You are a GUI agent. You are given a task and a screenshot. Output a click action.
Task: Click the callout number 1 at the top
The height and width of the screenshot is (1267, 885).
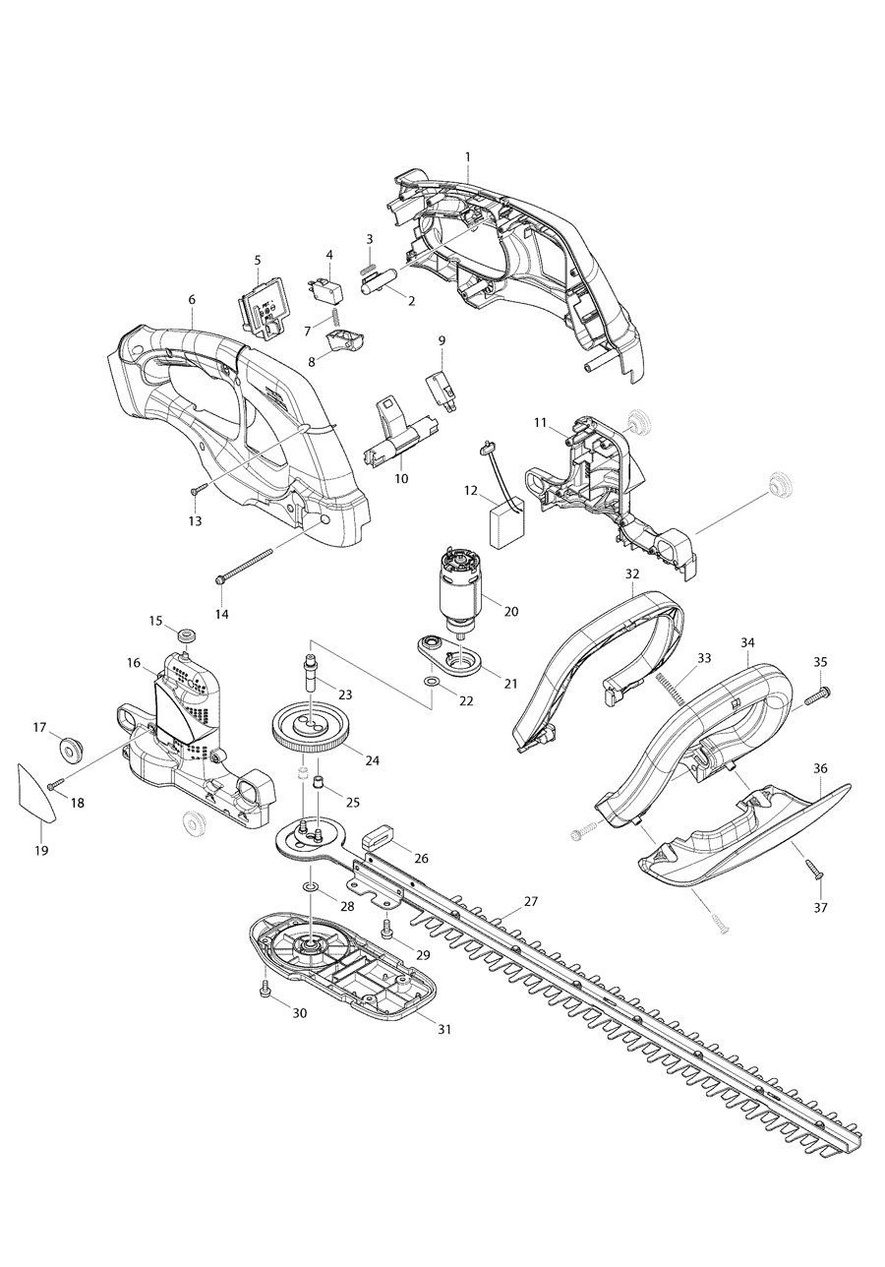point(467,156)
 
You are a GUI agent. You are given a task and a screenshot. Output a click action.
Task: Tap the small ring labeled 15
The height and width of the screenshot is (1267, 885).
point(185,631)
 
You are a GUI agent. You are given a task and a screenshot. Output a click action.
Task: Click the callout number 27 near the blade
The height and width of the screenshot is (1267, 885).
point(531,901)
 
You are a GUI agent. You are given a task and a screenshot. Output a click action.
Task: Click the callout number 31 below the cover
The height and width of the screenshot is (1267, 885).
point(443,1029)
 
